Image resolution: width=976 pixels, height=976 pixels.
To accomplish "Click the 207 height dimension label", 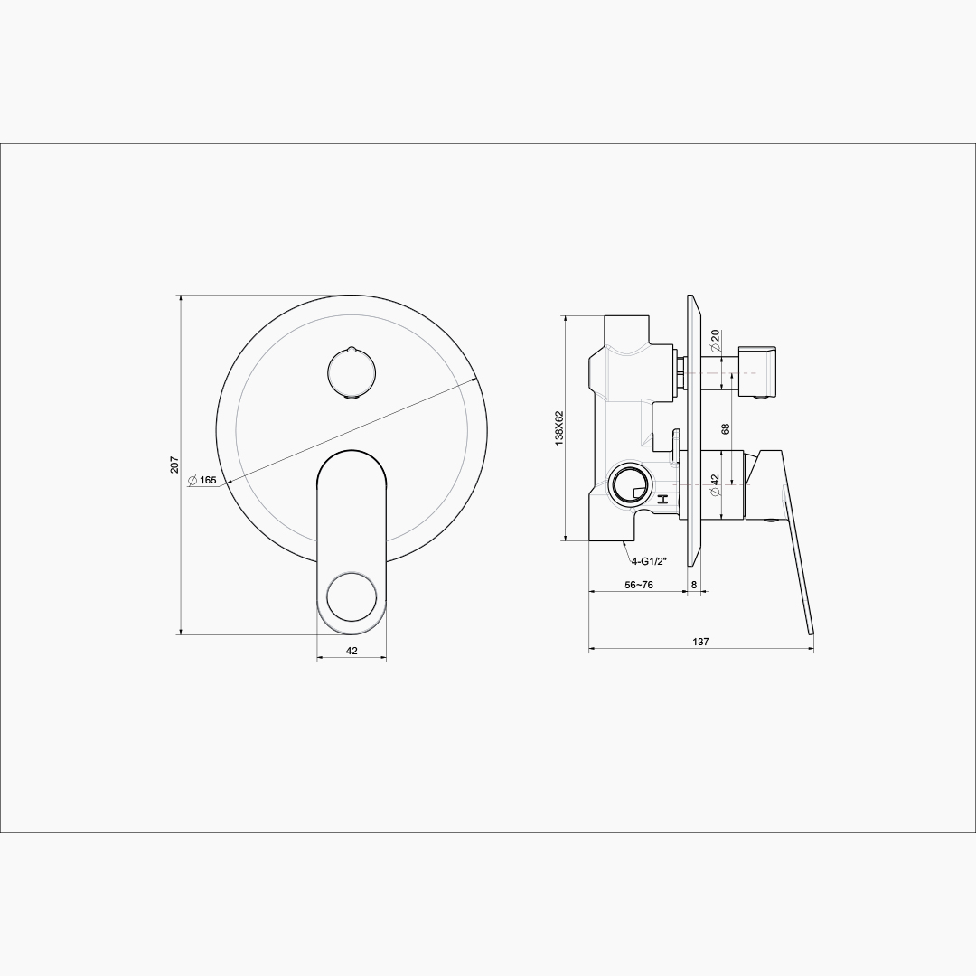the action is tap(174, 465).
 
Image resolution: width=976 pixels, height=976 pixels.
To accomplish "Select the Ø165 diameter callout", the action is tap(202, 480).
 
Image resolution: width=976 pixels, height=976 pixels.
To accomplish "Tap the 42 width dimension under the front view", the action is tap(352, 651).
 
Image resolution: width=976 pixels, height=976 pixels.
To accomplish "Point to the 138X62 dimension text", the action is tap(558, 427).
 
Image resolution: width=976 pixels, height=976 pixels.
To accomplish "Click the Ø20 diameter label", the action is tap(715, 340).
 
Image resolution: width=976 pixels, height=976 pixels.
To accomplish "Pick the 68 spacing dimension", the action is tap(725, 429).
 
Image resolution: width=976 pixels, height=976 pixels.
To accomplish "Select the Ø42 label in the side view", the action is tap(715, 485).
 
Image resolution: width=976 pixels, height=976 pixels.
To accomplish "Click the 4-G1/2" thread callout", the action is tap(649, 561).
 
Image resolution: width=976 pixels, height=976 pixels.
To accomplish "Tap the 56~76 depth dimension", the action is tap(639, 585).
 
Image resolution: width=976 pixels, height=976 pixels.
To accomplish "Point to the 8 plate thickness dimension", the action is tap(694, 585).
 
